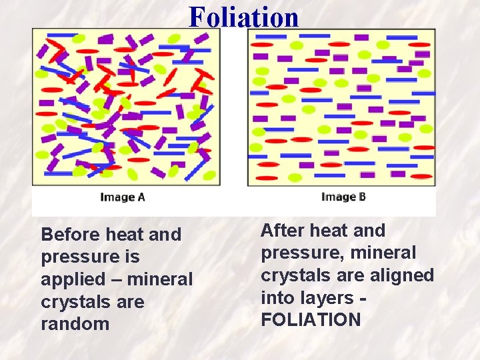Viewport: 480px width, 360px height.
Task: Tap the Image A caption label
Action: pyautogui.click(x=123, y=197)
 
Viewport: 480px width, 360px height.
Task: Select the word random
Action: pyautogui.click(x=75, y=324)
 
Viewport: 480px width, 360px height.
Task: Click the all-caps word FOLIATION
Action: pyautogui.click(x=311, y=320)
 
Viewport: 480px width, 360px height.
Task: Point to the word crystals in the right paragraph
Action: pyautogui.click(x=293, y=275)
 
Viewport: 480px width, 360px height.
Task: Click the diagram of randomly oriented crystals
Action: pyautogui.click(x=126, y=107)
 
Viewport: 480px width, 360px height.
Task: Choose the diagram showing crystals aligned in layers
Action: pyautogui.click(x=341, y=107)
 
